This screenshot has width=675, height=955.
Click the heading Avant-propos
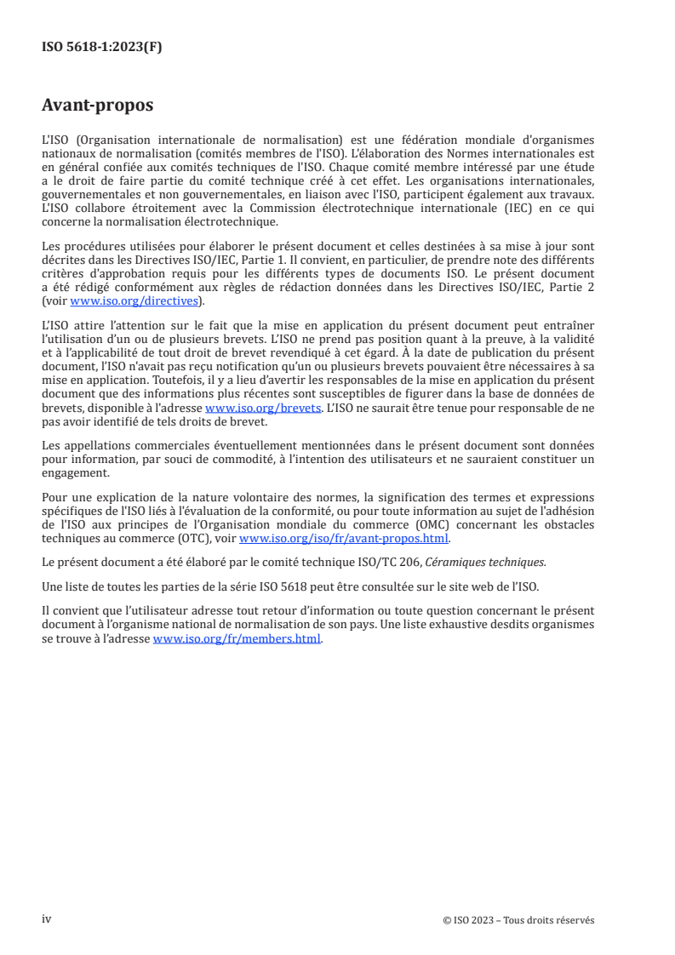pos(98,106)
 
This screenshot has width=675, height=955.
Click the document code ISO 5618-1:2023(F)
pos(101,48)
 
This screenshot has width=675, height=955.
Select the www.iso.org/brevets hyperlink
pos(263,408)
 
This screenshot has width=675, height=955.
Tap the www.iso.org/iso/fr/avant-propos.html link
pos(344,539)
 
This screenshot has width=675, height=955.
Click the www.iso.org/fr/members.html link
pos(237,640)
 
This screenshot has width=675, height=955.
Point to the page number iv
pos(47,919)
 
